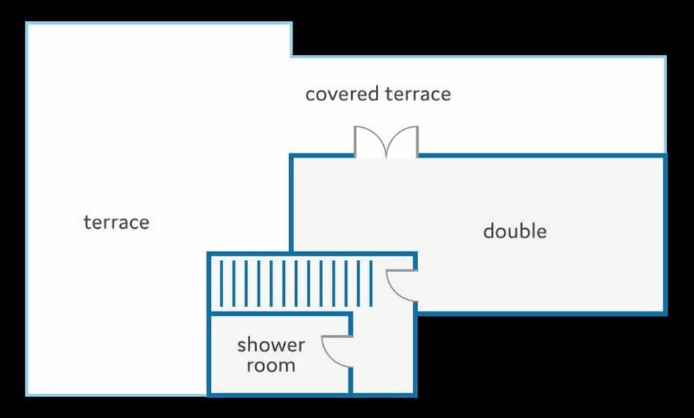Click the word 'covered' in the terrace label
coord(342,94)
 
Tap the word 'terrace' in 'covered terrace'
coord(418,94)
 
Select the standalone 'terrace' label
coord(116,222)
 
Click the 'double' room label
coord(515,231)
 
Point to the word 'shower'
coord(271,344)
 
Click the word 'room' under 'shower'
coord(271,365)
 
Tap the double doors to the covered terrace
coord(386,141)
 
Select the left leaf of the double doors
coord(369,141)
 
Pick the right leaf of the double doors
coord(403,141)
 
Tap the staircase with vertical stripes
coord(296,283)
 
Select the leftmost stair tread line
coord(221,283)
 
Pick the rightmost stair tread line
coord(371,283)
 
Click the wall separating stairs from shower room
coord(280,314)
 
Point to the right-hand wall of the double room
coord(665,234)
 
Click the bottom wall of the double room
coord(541,313)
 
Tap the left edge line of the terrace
coord(27,209)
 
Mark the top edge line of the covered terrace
coord(479,56)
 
